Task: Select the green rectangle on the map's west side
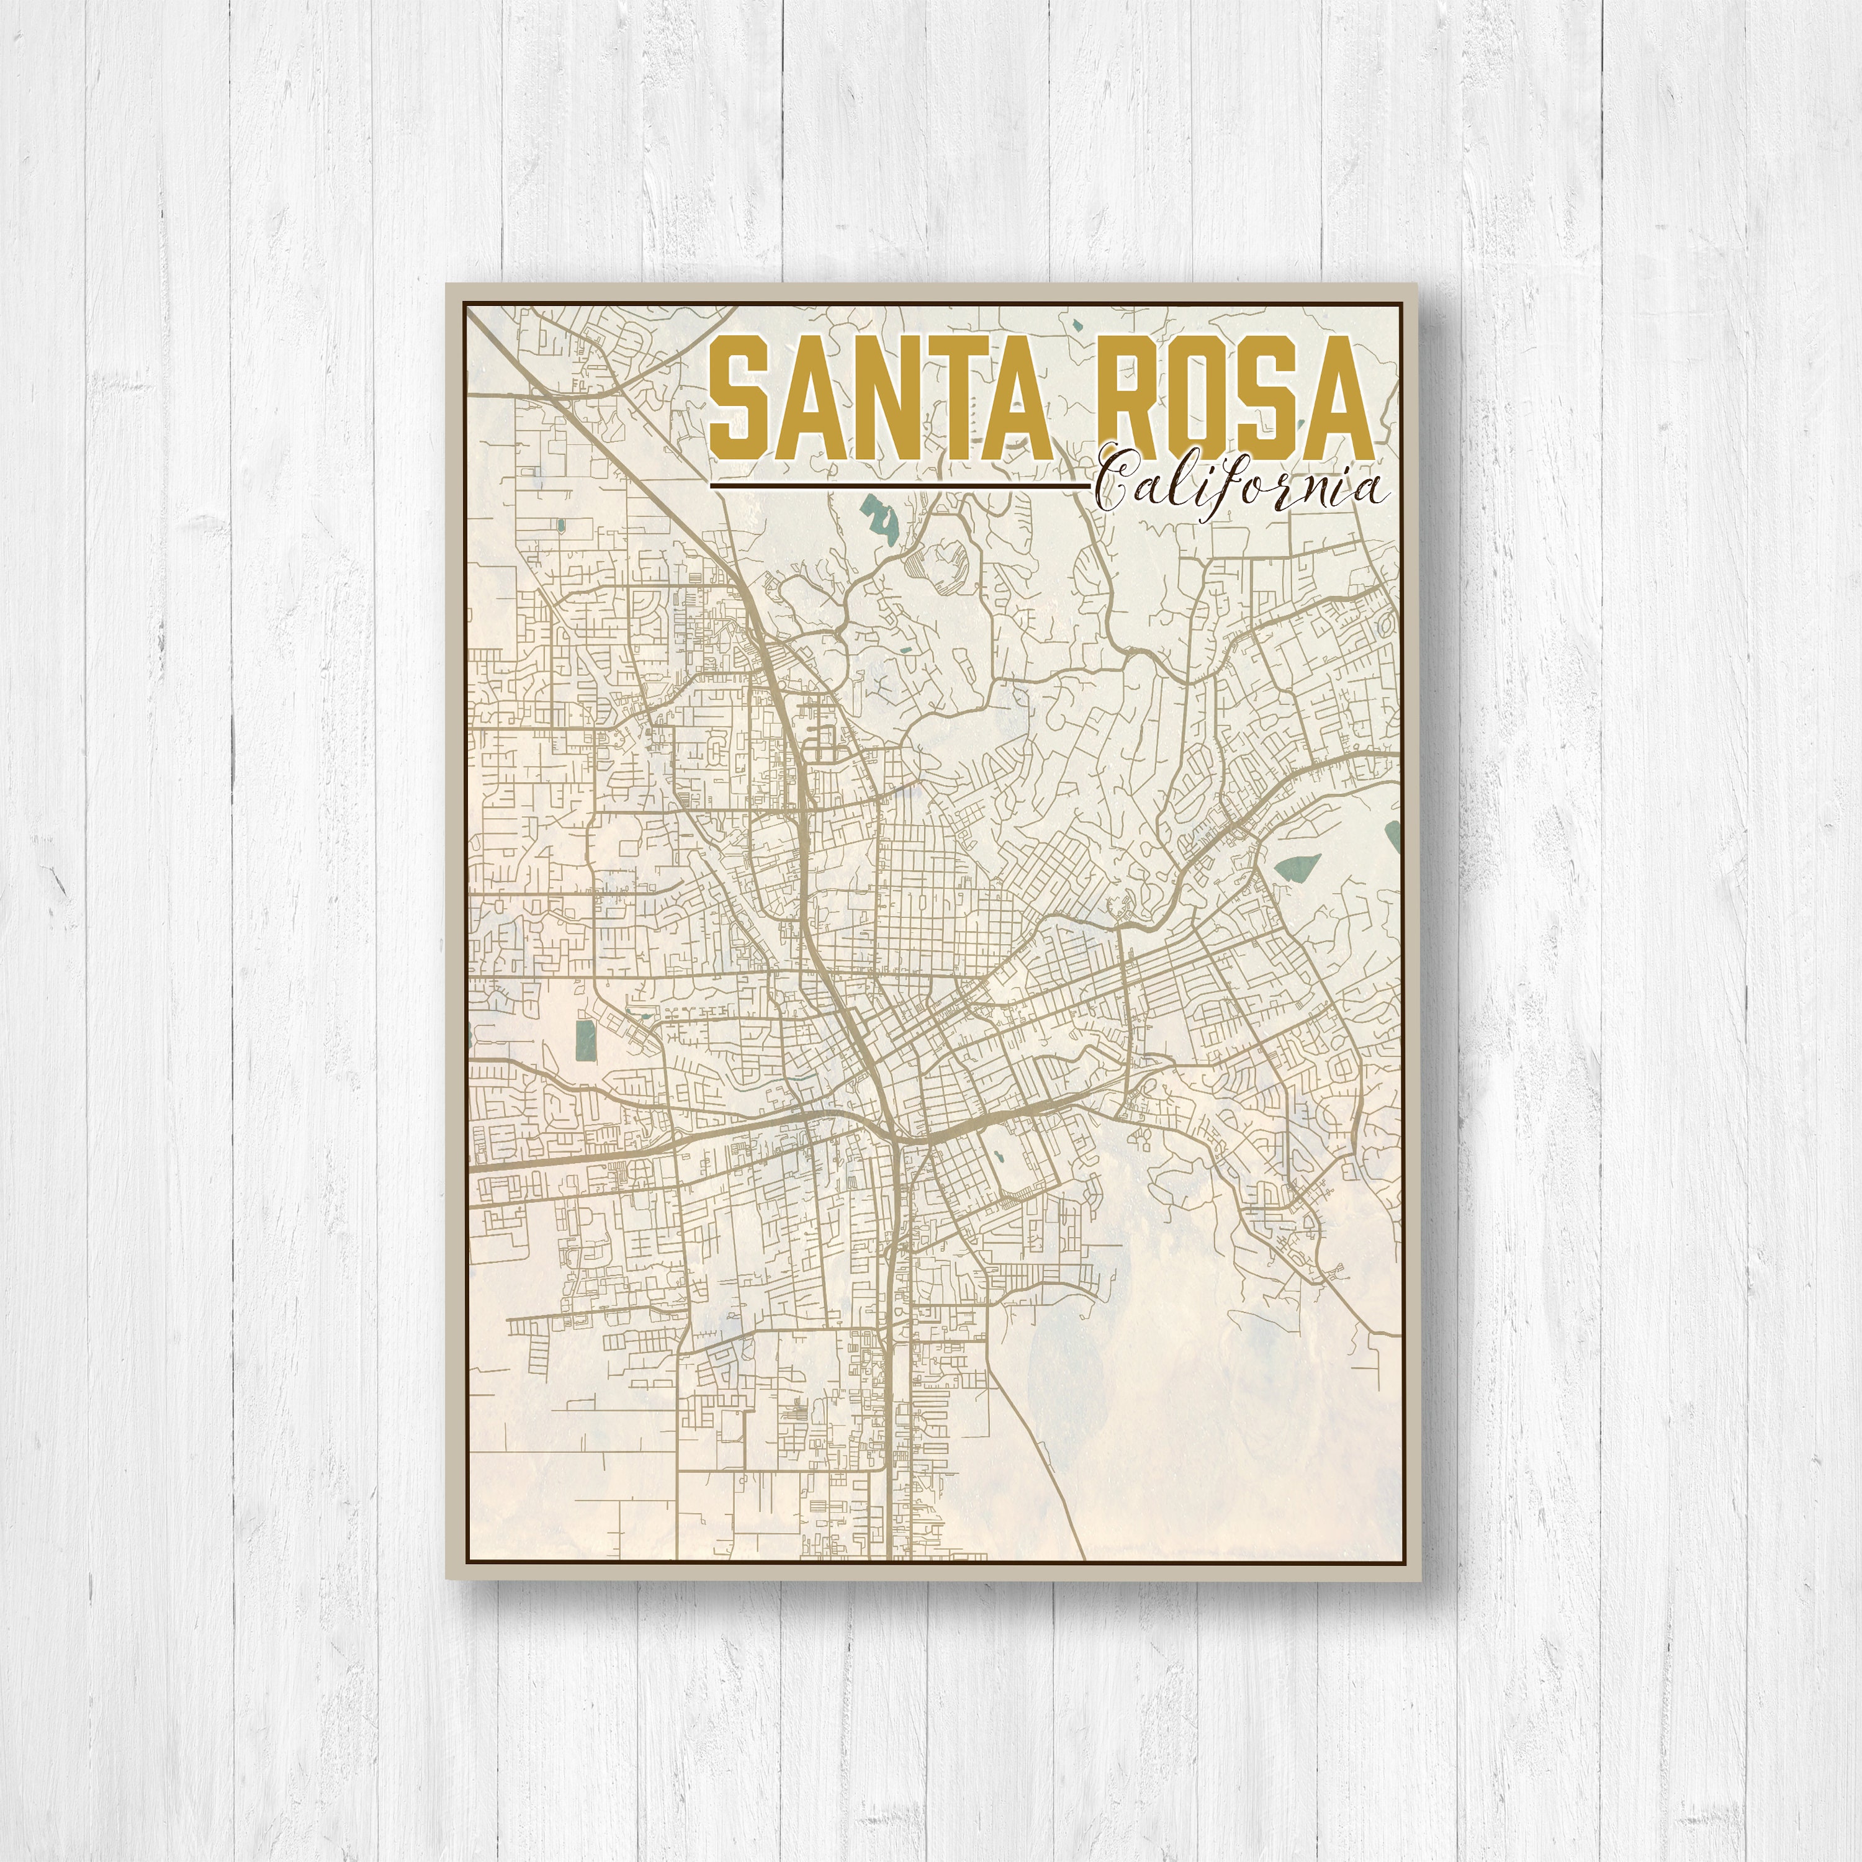coord(583,1041)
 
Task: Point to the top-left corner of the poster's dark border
coord(464,302)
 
